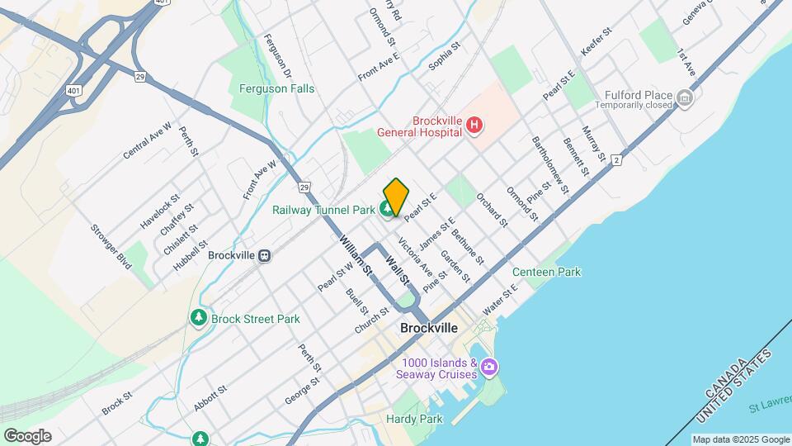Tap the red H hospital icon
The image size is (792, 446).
pos(474,126)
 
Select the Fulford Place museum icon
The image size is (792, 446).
pos(684,100)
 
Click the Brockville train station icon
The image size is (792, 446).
pos(265,256)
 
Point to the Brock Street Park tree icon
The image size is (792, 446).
pos(198,318)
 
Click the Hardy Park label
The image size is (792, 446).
pos(414,420)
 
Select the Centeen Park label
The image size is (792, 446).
pos(546,272)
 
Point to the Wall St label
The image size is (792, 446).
pos(398,269)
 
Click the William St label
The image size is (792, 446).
pos(356,256)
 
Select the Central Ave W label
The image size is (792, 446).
pos(147,140)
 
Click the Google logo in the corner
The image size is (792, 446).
pos(27,436)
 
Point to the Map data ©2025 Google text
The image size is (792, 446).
pos(740,439)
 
